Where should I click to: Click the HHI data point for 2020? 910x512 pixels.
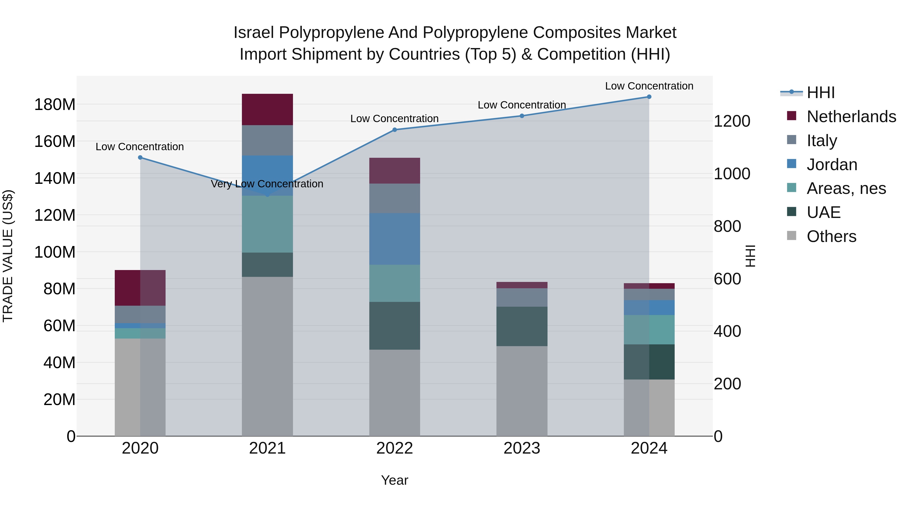tap(140, 158)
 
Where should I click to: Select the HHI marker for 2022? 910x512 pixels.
tap(395, 130)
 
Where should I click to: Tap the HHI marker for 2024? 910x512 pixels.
tap(649, 97)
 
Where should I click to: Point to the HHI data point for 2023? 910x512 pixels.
tap(522, 116)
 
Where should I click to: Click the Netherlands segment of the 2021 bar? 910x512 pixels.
tap(267, 109)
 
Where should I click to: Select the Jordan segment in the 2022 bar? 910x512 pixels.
tap(395, 239)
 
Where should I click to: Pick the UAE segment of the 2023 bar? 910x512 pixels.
tap(522, 326)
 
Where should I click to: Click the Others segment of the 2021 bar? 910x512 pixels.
tap(267, 356)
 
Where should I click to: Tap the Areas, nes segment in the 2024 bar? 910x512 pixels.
tap(649, 330)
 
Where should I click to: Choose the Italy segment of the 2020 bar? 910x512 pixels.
tap(140, 315)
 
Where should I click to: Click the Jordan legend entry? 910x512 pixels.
tap(832, 165)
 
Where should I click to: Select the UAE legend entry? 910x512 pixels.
tap(823, 212)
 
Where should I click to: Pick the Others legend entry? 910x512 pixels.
tap(831, 236)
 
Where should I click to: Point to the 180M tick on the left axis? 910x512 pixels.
tap(55, 105)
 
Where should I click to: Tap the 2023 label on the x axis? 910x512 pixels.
tap(522, 448)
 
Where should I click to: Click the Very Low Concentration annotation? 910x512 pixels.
tap(267, 184)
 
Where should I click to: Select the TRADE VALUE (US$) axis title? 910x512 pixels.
tap(8, 256)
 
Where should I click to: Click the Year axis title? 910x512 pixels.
tap(395, 480)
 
